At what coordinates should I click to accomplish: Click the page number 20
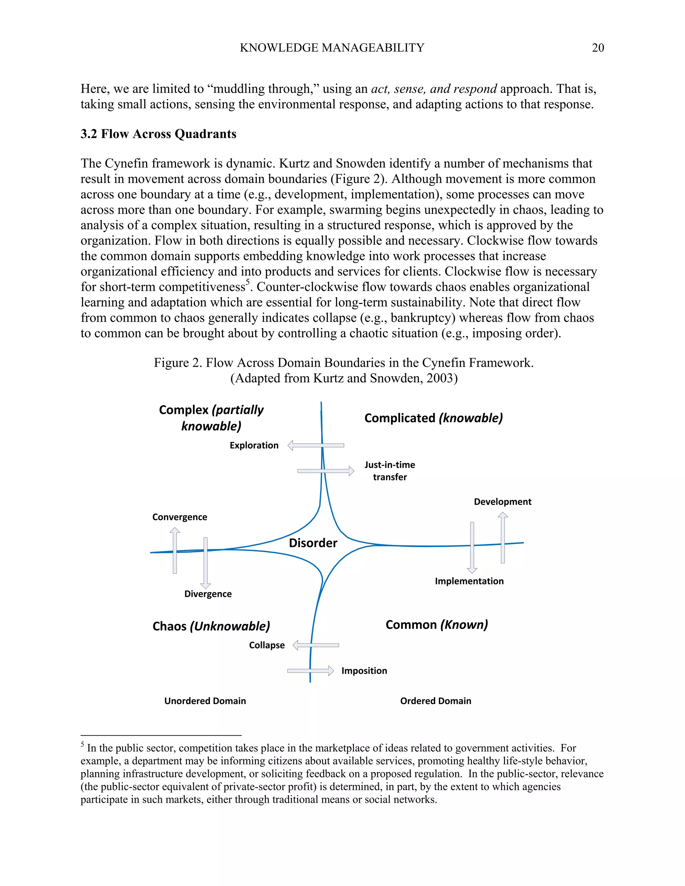598,48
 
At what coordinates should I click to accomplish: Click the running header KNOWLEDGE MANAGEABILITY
332,48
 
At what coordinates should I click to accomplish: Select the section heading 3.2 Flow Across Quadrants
158,134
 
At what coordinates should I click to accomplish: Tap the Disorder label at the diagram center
313,543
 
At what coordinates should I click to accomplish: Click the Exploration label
254,445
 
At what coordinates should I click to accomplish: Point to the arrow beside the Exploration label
316,445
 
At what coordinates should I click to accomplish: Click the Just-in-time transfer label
390,471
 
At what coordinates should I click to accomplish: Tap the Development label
502,502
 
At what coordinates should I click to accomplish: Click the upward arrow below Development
503,538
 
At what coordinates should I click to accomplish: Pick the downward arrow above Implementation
472,548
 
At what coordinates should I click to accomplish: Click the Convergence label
179,517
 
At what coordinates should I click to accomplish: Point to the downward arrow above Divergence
206,563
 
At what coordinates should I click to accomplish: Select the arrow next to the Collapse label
316,645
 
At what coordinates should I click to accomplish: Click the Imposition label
364,671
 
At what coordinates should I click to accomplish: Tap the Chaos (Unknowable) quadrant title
211,626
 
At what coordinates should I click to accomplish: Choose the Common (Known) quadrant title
436,625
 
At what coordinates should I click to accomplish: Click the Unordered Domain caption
205,701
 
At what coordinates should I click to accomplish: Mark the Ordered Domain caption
435,701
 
